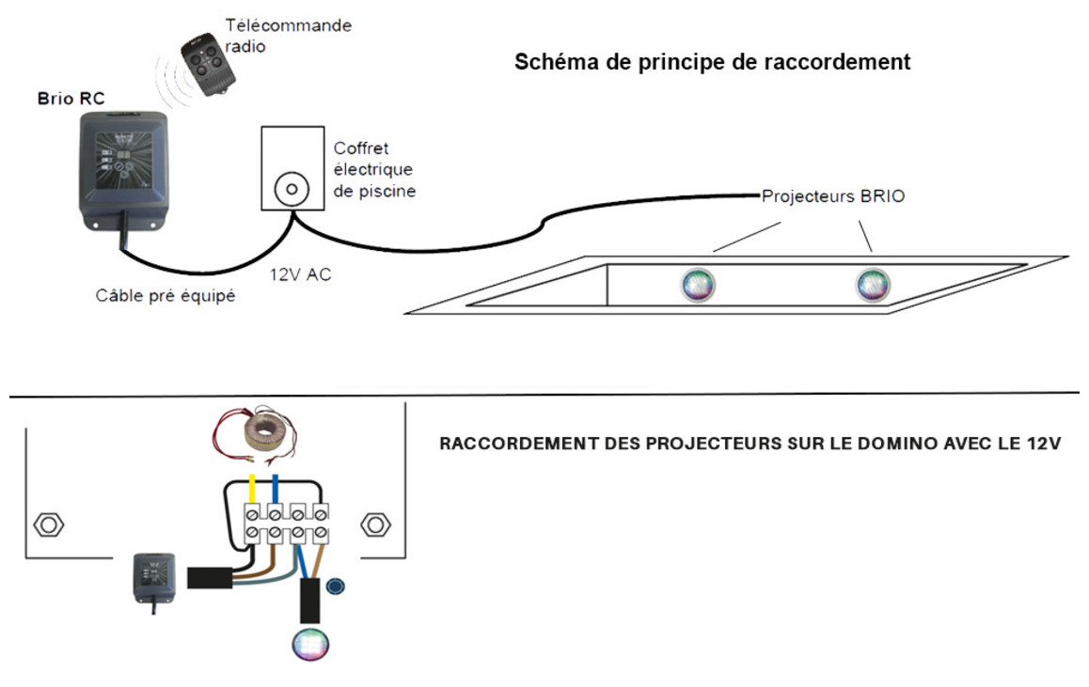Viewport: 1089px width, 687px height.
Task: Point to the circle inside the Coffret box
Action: pyautogui.click(x=292, y=190)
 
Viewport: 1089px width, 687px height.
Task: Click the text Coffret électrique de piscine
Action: pyautogui.click(x=374, y=169)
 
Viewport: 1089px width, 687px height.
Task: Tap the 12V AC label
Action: pyautogui.click(x=300, y=275)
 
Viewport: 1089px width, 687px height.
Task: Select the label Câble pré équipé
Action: pyautogui.click(x=165, y=296)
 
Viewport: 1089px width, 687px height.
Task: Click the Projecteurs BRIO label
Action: pyautogui.click(x=820, y=197)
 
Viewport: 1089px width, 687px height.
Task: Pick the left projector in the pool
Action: pyautogui.click(x=698, y=284)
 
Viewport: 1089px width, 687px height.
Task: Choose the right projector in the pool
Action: pyautogui.click(x=872, y=284)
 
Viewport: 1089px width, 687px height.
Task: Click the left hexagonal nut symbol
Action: pyautogui.click(x=48, y=523)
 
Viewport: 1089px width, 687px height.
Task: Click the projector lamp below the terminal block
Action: pyautogui.click(x=308, y=644)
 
